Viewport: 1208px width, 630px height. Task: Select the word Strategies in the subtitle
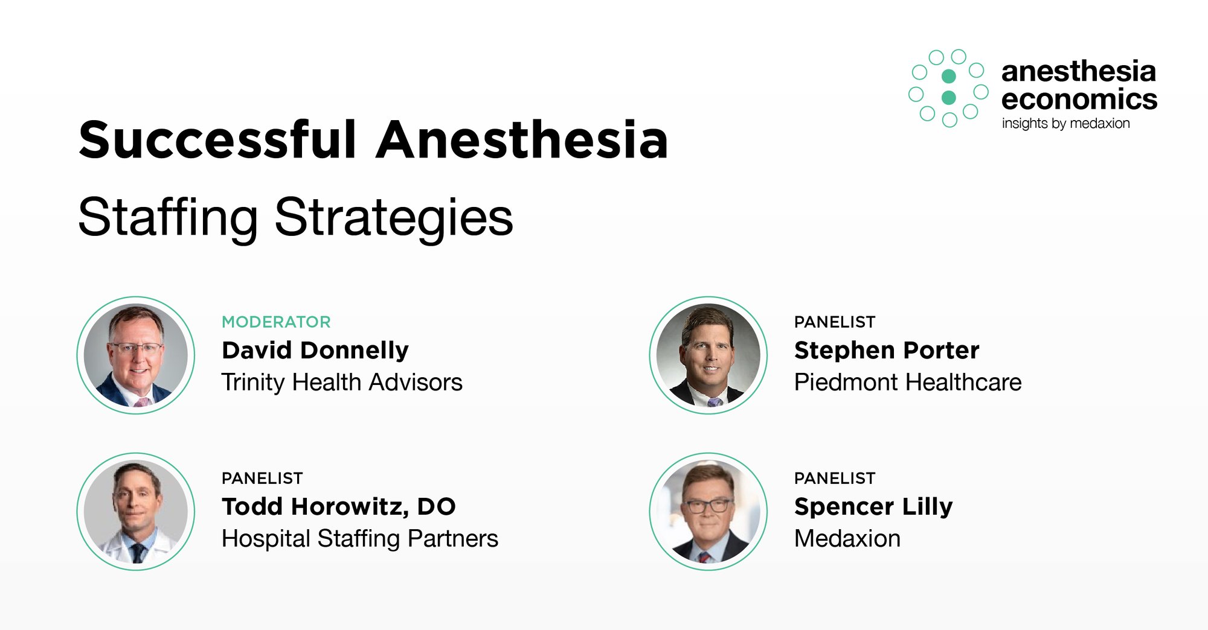point(394,218)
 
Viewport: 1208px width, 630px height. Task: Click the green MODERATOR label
point(276,322)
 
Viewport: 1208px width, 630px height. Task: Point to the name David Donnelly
point(315,350)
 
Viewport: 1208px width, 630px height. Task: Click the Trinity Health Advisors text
point(342,382)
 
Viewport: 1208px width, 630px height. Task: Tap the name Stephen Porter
point(887,350)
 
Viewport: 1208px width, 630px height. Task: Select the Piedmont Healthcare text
point(908,382)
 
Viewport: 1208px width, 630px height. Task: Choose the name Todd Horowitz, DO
point(339,506)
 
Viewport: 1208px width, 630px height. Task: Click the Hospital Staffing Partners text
point(360,538)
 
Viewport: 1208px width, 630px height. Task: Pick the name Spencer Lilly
point(873,506)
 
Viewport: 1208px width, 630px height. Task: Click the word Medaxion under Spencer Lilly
point(847,538)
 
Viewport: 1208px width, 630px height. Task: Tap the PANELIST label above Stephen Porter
point(835,322)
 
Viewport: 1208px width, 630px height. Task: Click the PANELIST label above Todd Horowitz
point(262,478)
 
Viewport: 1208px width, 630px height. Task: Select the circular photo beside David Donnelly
point(136,355)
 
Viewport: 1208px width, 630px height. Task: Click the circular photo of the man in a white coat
point(136,511)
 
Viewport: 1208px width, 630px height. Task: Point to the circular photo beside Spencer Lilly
point(708,511)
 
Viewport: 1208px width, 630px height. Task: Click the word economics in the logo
point(1079,99)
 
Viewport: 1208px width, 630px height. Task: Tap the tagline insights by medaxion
point(1065,123)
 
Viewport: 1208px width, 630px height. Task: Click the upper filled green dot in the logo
point(949,76)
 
